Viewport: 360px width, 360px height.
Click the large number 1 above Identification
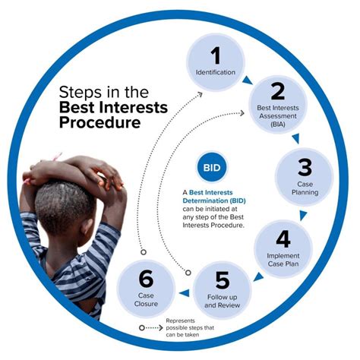click(216, 55)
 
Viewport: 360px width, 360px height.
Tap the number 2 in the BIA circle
click(278, 91)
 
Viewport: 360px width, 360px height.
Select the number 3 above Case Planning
click(305, 167)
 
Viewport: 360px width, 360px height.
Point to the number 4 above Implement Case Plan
click(283, 239)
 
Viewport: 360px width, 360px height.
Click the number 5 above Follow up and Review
click(223, 280)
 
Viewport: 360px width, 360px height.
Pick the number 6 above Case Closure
click(146, 279)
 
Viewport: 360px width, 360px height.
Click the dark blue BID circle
click(212, 168)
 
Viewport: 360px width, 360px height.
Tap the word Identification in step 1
click(216, 72)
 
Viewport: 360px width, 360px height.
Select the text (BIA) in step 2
click(278, 125)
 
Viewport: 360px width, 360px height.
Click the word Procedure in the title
click(100, 122)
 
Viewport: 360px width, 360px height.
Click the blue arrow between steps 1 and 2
click(248, 81)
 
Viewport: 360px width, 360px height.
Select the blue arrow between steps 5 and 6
click(185, 293)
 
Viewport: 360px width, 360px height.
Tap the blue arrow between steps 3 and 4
click(303, 215)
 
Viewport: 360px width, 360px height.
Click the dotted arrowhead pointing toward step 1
click(200, 94)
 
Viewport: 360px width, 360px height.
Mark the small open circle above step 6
click(144, 252)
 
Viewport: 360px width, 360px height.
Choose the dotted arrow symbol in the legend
click(151, 328)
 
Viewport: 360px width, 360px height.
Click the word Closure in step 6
click(146, 304)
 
